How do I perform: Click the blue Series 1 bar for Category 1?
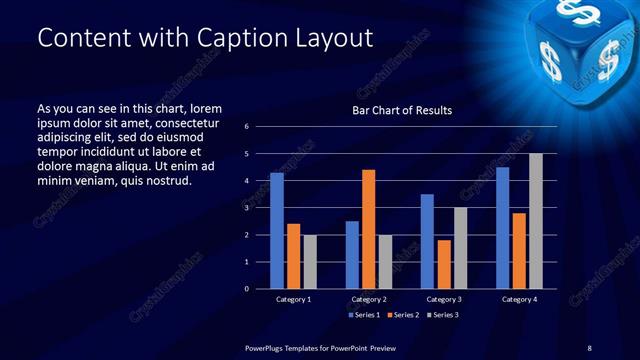click(277, 230)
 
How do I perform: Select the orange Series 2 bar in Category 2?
click(368, 229)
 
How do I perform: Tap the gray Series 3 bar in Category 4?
click(536, 221)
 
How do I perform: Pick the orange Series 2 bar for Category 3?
click(443, 264)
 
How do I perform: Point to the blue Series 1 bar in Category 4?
click(502, 227)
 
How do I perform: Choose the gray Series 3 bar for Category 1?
click(310, 261)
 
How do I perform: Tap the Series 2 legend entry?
click(400, 315)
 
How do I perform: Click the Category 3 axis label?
click(444, 299)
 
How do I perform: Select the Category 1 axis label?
click(293, 299)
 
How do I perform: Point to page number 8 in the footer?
click(589, 347)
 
